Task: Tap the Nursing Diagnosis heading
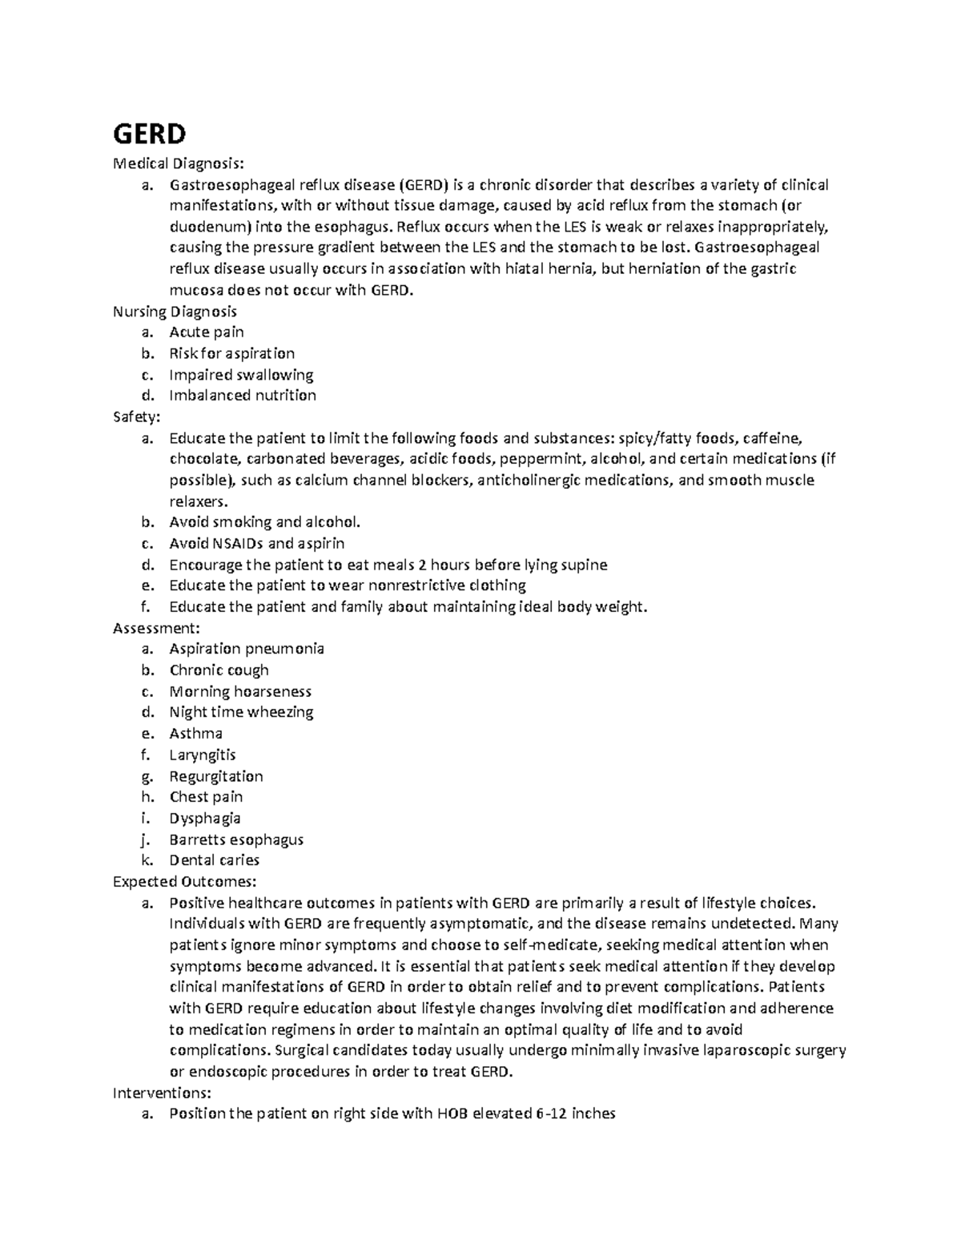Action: [175, 311]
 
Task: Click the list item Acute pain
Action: [207, 332]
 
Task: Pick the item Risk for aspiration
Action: [232, 353]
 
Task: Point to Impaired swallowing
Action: [241, 374]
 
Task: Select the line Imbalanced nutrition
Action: [243, 395]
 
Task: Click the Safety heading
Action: [137, 417]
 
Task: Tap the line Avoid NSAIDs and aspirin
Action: [257, 543]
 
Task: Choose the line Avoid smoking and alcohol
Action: [265, 522]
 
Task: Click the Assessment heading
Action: [152, 628]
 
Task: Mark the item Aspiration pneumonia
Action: [247, 649]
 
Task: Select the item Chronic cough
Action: [219, 670]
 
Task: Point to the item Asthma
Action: [196, 733]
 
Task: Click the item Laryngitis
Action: [203, 755]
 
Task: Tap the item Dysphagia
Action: [205, 818]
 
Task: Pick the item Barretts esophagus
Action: [236, 839]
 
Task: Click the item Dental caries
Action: [215, 860]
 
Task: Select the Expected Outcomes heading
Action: [185, 881]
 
